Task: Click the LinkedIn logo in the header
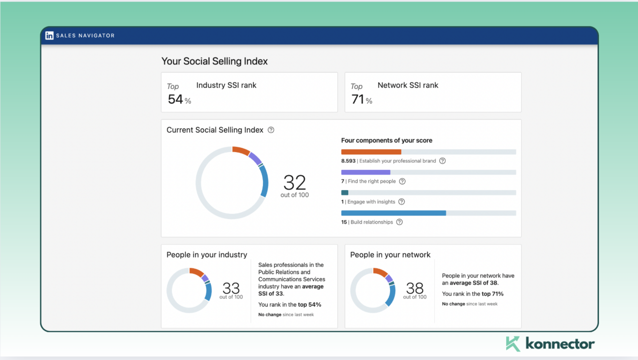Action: point(49,35)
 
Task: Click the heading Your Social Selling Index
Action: point(214,61)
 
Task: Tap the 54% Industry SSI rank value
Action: point(176,99)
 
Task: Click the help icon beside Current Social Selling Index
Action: point(271,130)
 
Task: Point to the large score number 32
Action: point(294,182)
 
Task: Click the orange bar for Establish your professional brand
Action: point(371,152)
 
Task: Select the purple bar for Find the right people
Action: point(365,172)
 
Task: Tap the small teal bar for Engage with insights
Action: point(345,192)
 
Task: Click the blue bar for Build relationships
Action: point(393,213)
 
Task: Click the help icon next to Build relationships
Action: point(399,222)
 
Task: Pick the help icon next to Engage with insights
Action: point(401,202)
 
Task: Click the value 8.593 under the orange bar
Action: point(348,161)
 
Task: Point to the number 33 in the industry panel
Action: point(231,288)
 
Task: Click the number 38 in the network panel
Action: point(415,288)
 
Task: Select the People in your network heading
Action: point(390,255)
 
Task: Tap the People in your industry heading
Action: point(207,255)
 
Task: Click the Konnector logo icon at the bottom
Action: point(513,343)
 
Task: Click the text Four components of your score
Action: point(387,140)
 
